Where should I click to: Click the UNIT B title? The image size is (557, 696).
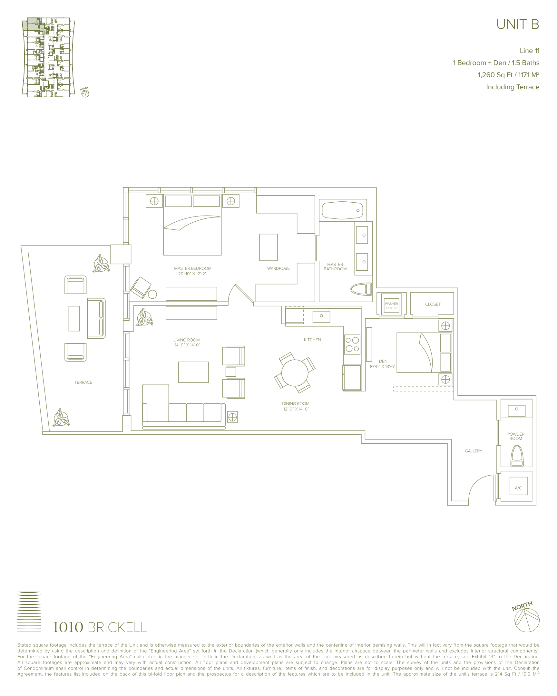(x=518, y=24)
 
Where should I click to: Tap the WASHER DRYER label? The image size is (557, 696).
(x=391, y=306)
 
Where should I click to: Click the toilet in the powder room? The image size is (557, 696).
(x=517, y=456)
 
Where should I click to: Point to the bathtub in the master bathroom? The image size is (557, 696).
(x=343, y=210)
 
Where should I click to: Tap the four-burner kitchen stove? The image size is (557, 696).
(x=352, y=344)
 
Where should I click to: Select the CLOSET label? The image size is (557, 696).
(x=433, y=304)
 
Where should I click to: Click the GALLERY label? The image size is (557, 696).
(x=474, y=451)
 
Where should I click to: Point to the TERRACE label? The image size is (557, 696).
(x=83, y=382)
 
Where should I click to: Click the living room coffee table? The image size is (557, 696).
(x=193, y=372)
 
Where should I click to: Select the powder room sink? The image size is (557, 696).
(x=517, y=411)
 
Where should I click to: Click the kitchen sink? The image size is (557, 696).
(x=321, y=317)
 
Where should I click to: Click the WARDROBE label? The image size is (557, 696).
(x=278, y=268)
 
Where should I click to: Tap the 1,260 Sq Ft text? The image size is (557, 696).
(x=495, y=75)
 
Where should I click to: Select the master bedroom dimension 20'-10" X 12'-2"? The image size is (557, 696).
(x=192, y=274)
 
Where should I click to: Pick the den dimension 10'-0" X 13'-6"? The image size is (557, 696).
(x=383, y=367)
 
